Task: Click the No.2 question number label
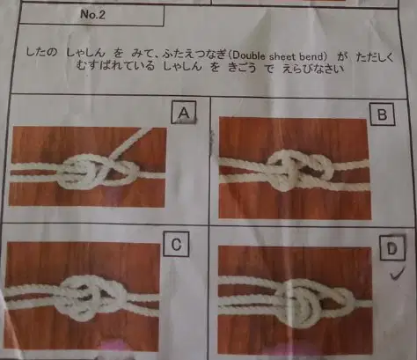coord(92,14)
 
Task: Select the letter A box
coord(184,113)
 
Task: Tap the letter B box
coord(382,114)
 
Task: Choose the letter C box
coord(176,244)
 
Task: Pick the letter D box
coord(392,248)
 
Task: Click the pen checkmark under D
coord(397,274)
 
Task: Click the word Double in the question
coord(248,55)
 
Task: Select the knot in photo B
coord(302,170)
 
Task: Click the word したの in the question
coord(40,53)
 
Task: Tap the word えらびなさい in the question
coord(312,70)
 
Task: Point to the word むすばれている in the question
coord(115,66)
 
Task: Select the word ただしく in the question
coord(375,57)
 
